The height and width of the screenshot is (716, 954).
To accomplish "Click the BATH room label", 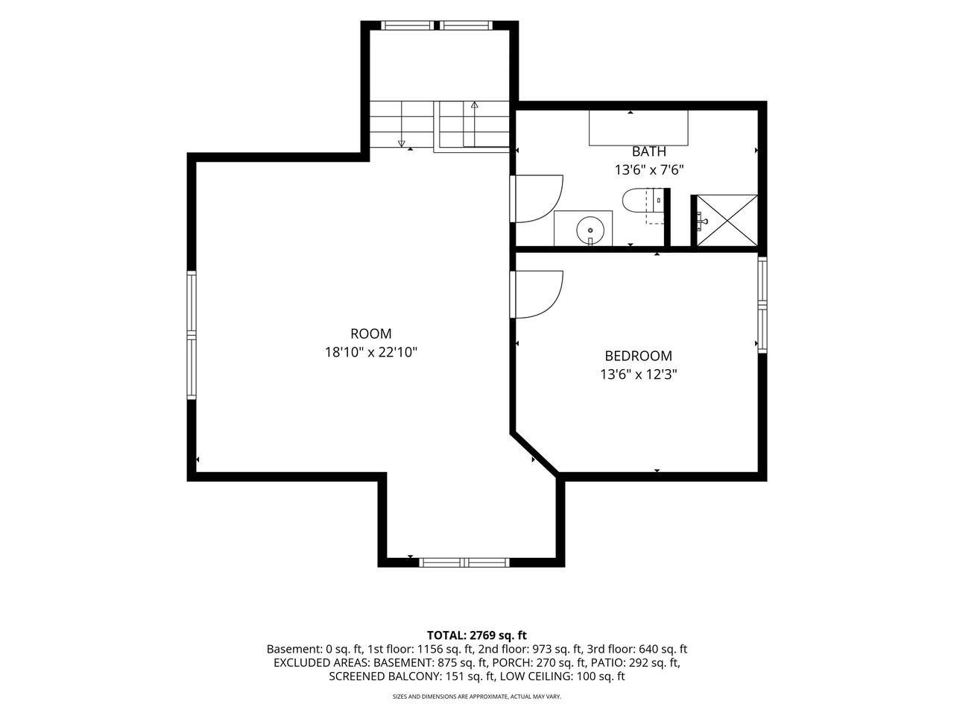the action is click(x=648, y=151).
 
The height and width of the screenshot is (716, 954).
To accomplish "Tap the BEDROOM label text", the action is click(x=638, y=356).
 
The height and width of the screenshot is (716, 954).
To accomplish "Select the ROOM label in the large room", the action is click(x=370, y=333).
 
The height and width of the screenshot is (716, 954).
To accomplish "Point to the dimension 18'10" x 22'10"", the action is click(x=370, y=352).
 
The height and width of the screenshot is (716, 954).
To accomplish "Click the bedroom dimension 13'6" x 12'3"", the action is click(x=638, y=374).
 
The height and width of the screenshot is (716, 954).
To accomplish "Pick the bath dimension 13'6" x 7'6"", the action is click(x=649, y=170).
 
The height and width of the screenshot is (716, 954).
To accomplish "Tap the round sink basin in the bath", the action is click(x=590, y=230).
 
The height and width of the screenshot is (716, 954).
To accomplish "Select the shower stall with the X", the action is click(x=727, y=221).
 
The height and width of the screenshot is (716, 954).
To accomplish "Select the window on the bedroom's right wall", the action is click(x=762, y=304).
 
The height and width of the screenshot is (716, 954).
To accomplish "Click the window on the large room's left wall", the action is click(x=192, y=335).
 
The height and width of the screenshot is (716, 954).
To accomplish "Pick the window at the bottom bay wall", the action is click(x=464, y=562).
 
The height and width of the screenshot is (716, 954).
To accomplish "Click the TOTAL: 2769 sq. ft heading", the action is click(x=477, y=635).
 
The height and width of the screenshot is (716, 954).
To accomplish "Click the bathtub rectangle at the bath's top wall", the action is click(x=639, y=128).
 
